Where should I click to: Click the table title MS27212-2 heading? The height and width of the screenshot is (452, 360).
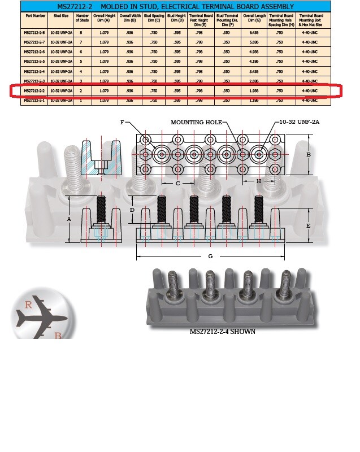175,6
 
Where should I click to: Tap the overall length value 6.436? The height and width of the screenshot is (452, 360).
253,32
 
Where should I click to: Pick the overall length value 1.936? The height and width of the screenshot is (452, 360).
253,90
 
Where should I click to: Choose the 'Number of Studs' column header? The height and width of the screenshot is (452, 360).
83,18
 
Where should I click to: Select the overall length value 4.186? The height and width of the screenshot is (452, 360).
253,61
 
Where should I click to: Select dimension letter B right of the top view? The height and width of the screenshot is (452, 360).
309,154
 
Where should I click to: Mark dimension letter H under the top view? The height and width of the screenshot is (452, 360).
259,181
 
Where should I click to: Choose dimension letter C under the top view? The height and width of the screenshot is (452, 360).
177,183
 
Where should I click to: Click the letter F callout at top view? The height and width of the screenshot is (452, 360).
122,123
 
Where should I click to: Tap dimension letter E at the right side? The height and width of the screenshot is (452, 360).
309,225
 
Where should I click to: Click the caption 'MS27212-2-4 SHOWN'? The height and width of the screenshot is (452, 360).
222,332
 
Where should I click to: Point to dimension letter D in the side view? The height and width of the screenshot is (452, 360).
132,210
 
